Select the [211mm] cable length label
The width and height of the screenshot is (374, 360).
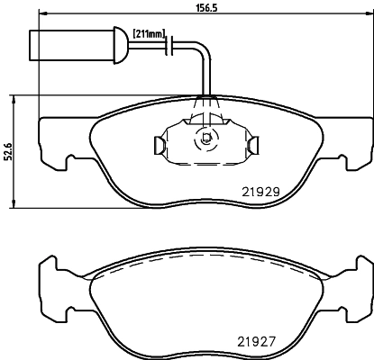pos(149,33)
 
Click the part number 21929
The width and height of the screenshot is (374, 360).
pos(260,192)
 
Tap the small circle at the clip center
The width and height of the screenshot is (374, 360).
pos(206,139)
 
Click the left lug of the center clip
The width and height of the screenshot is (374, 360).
pos(158,142)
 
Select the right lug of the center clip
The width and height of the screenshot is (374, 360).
pos(256,142)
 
